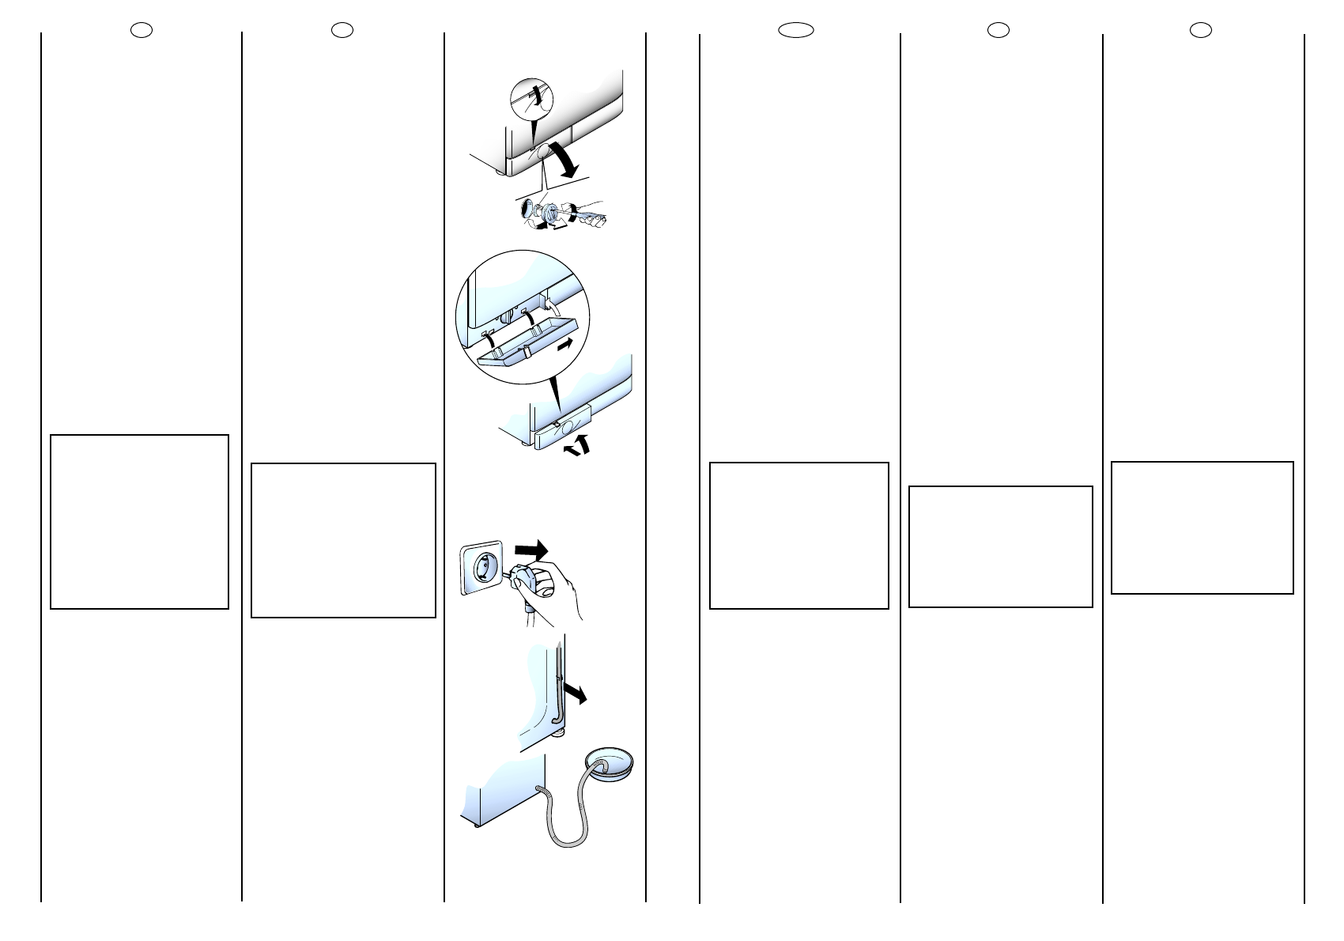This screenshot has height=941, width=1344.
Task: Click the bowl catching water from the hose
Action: (609, 765)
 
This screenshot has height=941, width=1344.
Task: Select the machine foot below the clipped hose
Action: (560, 735)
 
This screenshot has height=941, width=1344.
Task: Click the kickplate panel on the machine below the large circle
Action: (563, 434)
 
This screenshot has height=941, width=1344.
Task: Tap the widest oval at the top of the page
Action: (795, 30)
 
